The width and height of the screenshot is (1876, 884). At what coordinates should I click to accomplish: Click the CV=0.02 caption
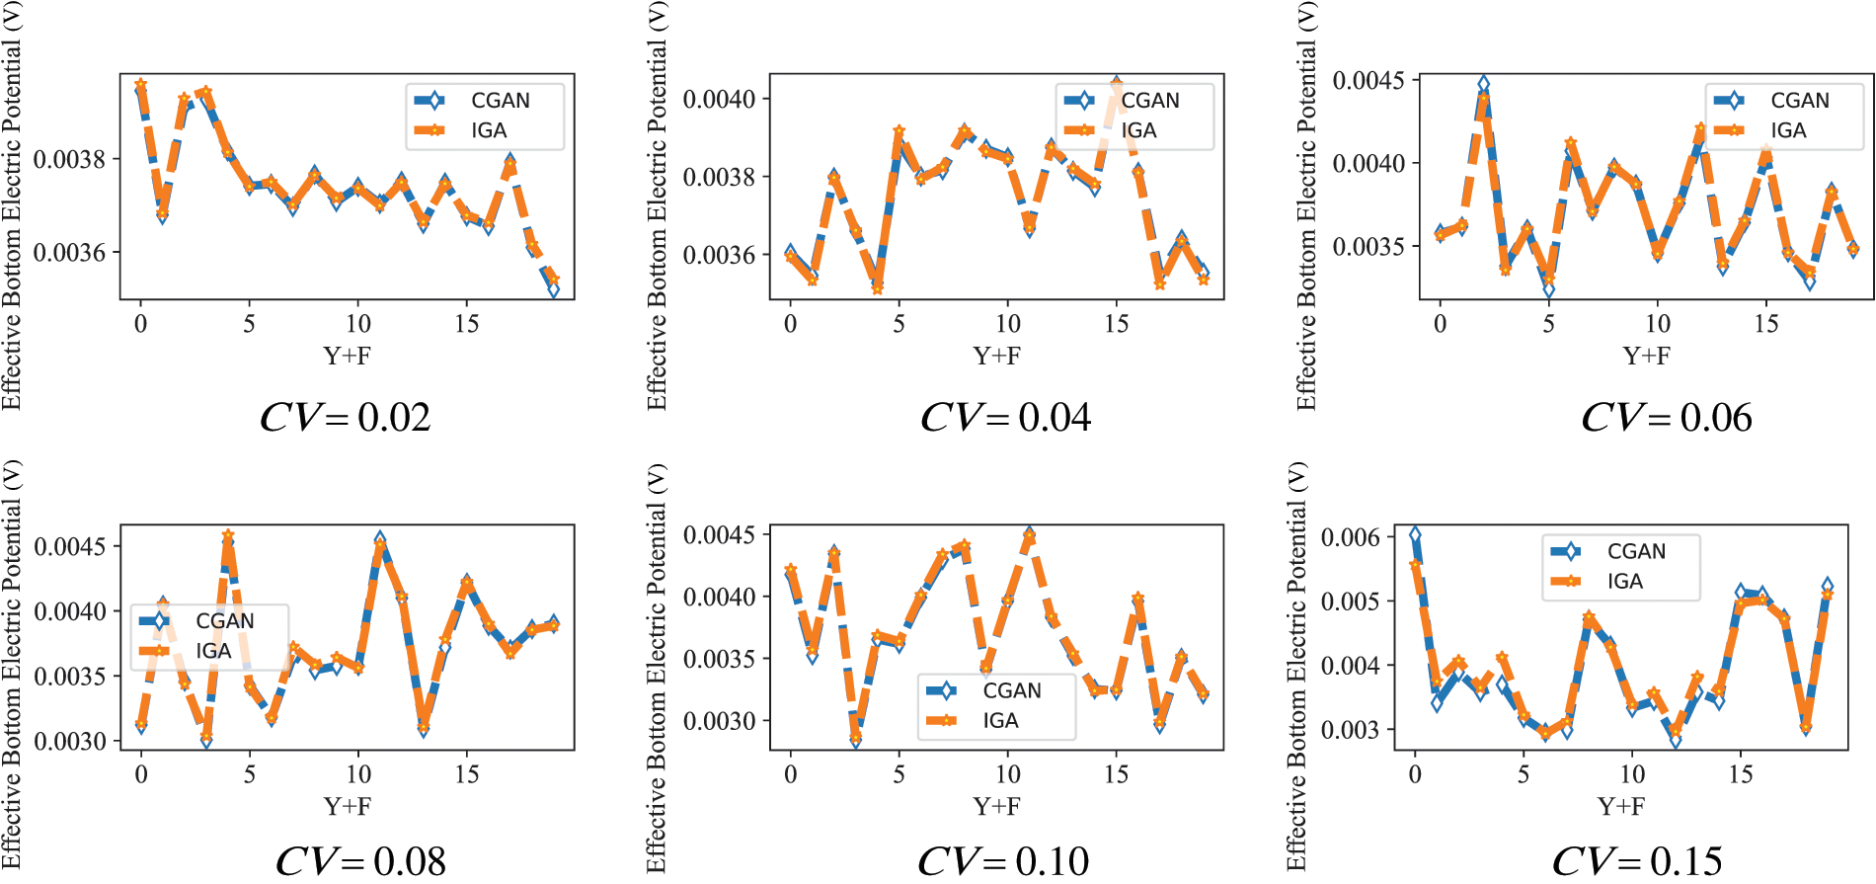click(346, 418)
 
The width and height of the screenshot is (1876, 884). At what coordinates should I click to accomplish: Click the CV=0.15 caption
click(1638, 861)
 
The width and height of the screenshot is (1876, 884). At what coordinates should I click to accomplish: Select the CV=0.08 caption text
click(360, 861)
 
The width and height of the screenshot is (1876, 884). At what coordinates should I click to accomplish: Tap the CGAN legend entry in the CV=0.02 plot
click(500, 101)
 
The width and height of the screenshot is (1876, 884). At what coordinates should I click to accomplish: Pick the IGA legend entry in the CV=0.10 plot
click(999, 721)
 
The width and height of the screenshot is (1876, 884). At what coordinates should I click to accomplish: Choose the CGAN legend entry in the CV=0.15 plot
click(1635, 551)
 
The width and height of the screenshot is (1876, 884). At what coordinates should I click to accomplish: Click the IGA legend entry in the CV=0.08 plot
click(212, 651)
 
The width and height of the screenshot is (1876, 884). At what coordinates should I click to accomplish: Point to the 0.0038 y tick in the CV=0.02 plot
click(69, 159)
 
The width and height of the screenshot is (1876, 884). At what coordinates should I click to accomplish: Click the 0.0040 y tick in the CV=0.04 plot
click(719, 99)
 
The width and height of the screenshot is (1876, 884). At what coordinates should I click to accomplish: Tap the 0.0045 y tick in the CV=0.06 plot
click(1368, 80)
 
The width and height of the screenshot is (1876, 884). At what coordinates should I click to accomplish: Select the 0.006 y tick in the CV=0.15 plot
click(1351, 537)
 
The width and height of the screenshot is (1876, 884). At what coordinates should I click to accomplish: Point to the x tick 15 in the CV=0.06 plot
click(1766, 324)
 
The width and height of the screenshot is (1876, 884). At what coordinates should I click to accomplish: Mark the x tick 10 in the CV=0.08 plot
click(358, 774)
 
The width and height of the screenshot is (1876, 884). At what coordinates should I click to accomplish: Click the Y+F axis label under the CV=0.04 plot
click(997, 356)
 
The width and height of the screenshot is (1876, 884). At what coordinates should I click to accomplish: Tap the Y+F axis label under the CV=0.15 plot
click(1621, 806)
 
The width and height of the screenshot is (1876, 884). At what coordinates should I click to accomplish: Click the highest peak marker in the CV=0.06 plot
click(1483, 85)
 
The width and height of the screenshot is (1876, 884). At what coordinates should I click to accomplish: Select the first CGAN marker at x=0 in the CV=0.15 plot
click(1415, 534)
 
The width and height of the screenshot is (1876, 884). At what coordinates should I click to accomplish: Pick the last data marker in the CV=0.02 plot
click(554, 288)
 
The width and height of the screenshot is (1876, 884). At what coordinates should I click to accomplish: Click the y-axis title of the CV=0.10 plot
click(657, 670)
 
